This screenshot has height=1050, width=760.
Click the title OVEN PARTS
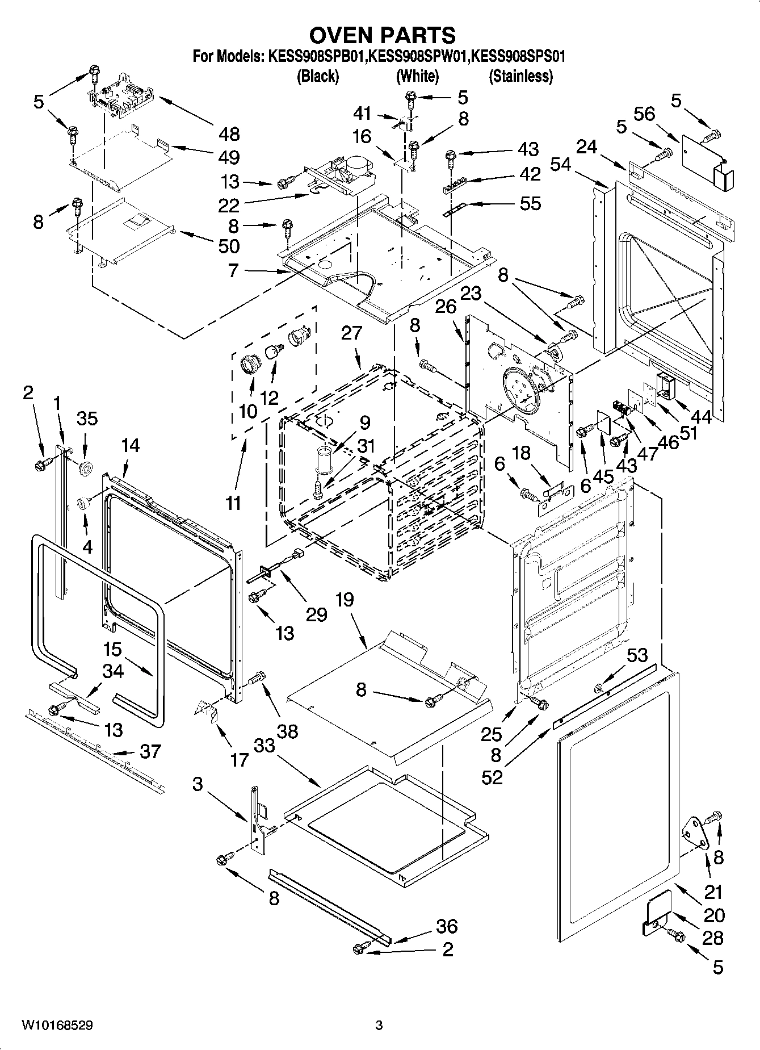382,35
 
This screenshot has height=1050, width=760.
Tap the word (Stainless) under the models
520,77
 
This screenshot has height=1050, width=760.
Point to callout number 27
351,333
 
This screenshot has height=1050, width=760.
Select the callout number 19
344,599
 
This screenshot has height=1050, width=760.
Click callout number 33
264,745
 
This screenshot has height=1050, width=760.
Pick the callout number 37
149,751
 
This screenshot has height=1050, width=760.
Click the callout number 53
636,655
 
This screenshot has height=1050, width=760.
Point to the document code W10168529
57,1026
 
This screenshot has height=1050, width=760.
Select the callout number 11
233,503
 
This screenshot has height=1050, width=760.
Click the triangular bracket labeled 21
693,831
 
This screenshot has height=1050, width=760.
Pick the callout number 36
446,926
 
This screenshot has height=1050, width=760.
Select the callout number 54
561,165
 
